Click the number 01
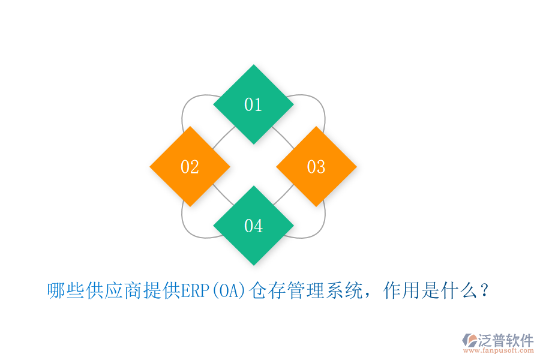[x=253, y=105]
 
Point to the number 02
[x=190, y=167]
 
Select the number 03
[x=316, y=167]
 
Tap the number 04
[x=253, y=226]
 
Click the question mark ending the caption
[x=485, y=292]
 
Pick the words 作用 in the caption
[x=399, y=292]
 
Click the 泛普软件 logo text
[x=505, y=341]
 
